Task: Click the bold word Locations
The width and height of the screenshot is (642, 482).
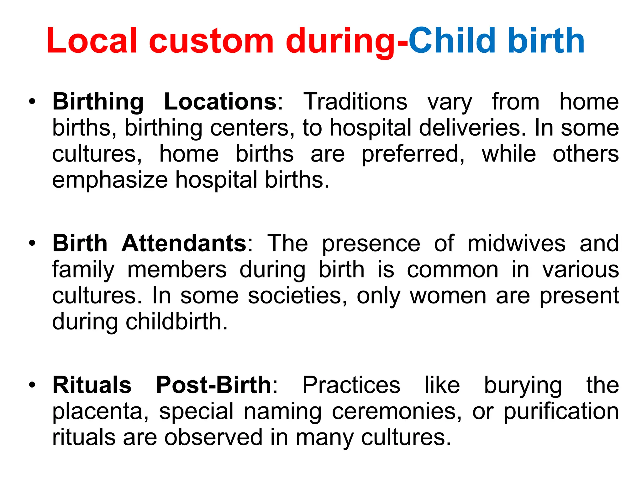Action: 221,102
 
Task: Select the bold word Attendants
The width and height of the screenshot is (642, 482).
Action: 184,244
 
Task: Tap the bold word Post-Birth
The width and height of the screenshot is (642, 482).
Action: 213,385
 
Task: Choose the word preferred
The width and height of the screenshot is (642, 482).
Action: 413,154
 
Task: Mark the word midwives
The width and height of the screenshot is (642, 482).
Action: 516,244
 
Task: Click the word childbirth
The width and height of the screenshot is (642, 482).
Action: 176,322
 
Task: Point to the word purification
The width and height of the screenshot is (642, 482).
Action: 561,411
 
